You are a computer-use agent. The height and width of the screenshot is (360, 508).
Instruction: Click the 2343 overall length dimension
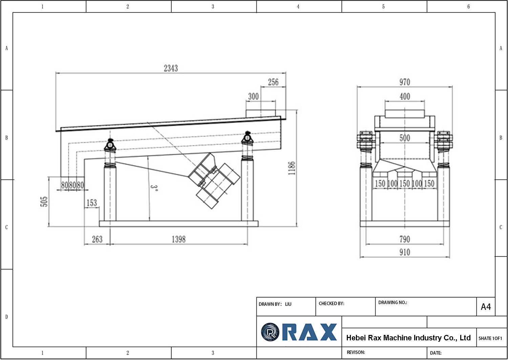(171, 68)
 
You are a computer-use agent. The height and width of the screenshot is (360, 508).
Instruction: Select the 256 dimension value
(273, 82)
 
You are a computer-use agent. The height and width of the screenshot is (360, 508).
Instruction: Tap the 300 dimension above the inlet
(253, 96)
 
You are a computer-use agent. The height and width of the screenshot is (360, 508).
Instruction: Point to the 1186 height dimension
(292, 168)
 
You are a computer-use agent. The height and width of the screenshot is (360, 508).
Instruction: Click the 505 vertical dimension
(44, 201)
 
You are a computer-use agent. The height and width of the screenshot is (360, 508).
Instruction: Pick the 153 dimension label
(91, 203)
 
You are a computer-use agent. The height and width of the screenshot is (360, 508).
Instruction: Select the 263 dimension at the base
(97, 239)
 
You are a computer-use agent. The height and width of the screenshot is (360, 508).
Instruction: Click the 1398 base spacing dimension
(178, 239)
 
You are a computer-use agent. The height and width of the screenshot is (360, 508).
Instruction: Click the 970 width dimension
(404, 82)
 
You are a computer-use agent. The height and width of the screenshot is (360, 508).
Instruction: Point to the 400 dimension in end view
(404, 96)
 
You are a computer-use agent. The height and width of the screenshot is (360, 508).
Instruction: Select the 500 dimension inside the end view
(404, 138)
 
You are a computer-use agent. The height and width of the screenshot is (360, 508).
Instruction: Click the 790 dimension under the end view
(404, 239)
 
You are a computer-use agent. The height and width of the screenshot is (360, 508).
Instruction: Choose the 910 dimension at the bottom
(404, 252)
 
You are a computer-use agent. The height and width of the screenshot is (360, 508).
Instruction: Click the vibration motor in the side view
(215, 183)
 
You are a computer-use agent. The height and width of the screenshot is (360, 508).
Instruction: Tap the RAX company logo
(299, 332)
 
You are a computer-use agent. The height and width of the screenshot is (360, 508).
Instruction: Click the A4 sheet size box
(486, 307)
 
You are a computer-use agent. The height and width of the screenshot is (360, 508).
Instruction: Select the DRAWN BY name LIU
(288, 304)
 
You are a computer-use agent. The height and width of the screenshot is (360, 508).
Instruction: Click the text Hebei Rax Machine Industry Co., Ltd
(408, 338)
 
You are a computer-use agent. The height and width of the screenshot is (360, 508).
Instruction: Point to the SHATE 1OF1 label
(490, 338)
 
